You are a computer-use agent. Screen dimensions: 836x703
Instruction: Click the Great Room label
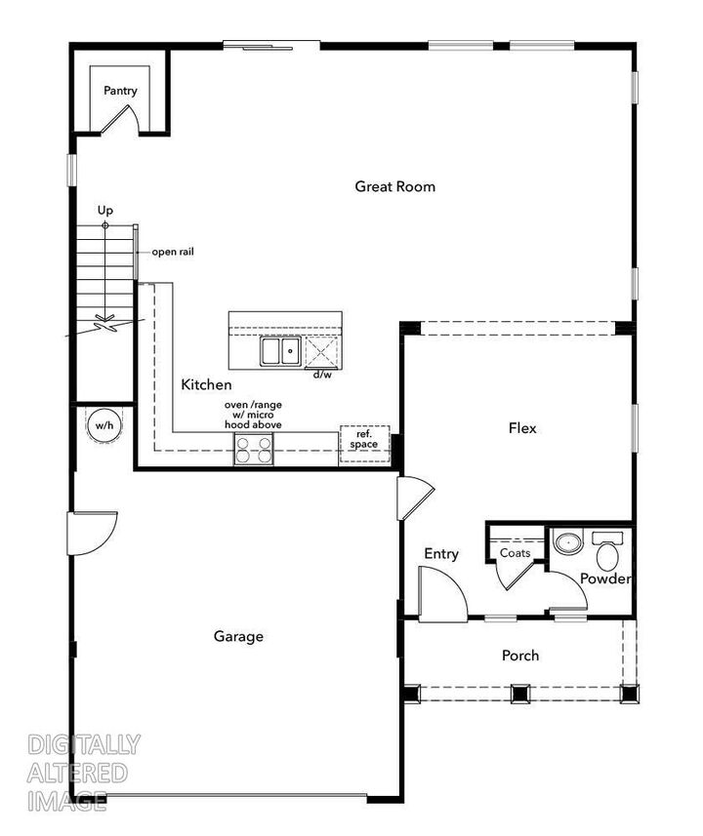(394, 186)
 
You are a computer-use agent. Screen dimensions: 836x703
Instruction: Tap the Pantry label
(121, 91)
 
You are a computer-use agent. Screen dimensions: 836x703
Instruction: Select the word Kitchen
(207, 385)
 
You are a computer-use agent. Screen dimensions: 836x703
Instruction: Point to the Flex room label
(522, 427)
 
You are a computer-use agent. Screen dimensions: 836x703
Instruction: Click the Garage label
(238, 636)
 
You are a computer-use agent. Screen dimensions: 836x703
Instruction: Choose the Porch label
(520, 656)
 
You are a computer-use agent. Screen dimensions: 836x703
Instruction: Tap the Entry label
(441, 554)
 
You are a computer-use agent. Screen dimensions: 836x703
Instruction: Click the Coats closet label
(515, 553)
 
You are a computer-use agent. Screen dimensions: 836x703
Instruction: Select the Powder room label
(605, 578)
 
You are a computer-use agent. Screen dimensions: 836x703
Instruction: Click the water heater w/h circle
(103, 425)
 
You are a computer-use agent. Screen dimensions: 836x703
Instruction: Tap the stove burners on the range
(253, 450)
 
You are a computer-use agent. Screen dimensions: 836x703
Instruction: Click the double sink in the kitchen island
(280, 351)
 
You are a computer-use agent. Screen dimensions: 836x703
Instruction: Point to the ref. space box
(364, 440)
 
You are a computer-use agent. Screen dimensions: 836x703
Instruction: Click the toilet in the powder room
(606, 553)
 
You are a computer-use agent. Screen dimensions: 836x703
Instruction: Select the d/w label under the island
(321, 374)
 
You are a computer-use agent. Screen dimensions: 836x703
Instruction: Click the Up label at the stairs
(105, 210)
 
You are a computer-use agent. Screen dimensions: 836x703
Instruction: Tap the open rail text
(173, 252)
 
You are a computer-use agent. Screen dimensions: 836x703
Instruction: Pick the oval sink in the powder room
(566, 541)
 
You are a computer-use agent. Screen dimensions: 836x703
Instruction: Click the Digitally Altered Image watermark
(83, 773)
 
